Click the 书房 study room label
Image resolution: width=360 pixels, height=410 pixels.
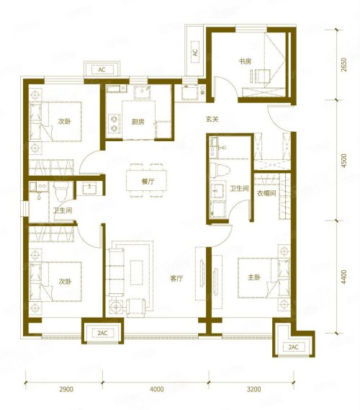pos(245,61)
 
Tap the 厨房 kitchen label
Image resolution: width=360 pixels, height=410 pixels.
pos(138,122)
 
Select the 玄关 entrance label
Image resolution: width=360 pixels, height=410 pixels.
pos(212,119)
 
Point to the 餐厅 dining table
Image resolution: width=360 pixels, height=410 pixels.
pos(146,180)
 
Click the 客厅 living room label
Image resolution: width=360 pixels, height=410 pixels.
pos(176,278)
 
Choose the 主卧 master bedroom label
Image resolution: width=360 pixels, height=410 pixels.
pos(253,277)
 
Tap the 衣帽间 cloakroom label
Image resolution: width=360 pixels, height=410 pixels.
pos(266,193)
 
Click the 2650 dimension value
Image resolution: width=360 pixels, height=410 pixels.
pos(344,65)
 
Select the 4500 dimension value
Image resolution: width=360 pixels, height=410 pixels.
pos(344,161)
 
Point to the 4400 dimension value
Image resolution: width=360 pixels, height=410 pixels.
pos(344,277)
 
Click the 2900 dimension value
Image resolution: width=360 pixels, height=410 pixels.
pos(66,389)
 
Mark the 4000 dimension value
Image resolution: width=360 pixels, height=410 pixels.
pos(157,389)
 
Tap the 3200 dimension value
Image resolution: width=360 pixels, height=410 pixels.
pos(253,389)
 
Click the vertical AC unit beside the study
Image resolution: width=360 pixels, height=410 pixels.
pos(195,52)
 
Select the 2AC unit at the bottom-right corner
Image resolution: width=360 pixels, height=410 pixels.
pos(293,347)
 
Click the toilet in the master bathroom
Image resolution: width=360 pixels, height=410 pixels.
pos(220,169)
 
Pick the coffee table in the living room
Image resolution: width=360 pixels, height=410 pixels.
pos(137,272)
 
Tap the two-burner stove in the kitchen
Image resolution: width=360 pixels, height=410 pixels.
pos(114,124)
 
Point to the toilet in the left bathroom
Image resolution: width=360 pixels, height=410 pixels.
pos(61,192)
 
